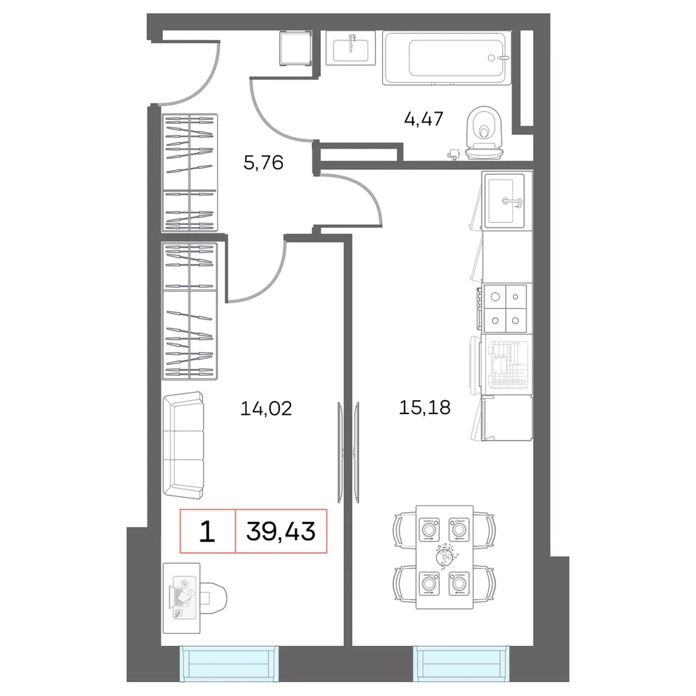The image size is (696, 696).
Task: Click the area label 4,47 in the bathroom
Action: pos(423,119)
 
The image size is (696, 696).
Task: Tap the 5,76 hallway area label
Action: pos(263,163)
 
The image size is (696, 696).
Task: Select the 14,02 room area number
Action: pos(266,409)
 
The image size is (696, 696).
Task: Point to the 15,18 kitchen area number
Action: pos(425,407)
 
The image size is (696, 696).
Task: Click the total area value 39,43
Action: pos(280,531)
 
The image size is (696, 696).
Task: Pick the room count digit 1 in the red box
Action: pos(207,531)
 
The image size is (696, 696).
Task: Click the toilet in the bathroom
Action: pos(484,133)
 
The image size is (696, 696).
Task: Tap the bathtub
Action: pos(447,58)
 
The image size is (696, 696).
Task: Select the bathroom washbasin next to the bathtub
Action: pos(351,48)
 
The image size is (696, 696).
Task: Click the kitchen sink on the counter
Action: pos(505,200)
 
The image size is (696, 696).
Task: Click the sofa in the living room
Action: pos(183,445)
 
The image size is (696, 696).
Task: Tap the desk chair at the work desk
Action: pos(214,597)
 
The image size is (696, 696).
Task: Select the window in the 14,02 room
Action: pos(229,663)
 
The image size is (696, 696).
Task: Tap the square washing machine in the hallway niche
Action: pos(295,48)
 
